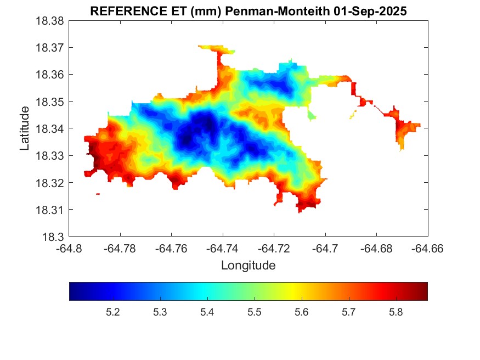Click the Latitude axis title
tap(25, 128)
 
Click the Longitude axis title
tap(248, 266)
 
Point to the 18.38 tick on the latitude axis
tap(51, 21)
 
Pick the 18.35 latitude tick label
tap(51, 102)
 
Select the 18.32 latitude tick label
tap(51, 183)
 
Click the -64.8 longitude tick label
tap(70, 249)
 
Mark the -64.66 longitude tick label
tap(428, 249)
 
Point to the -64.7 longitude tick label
tap(326, 249)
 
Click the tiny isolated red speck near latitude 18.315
tap(98, 194)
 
